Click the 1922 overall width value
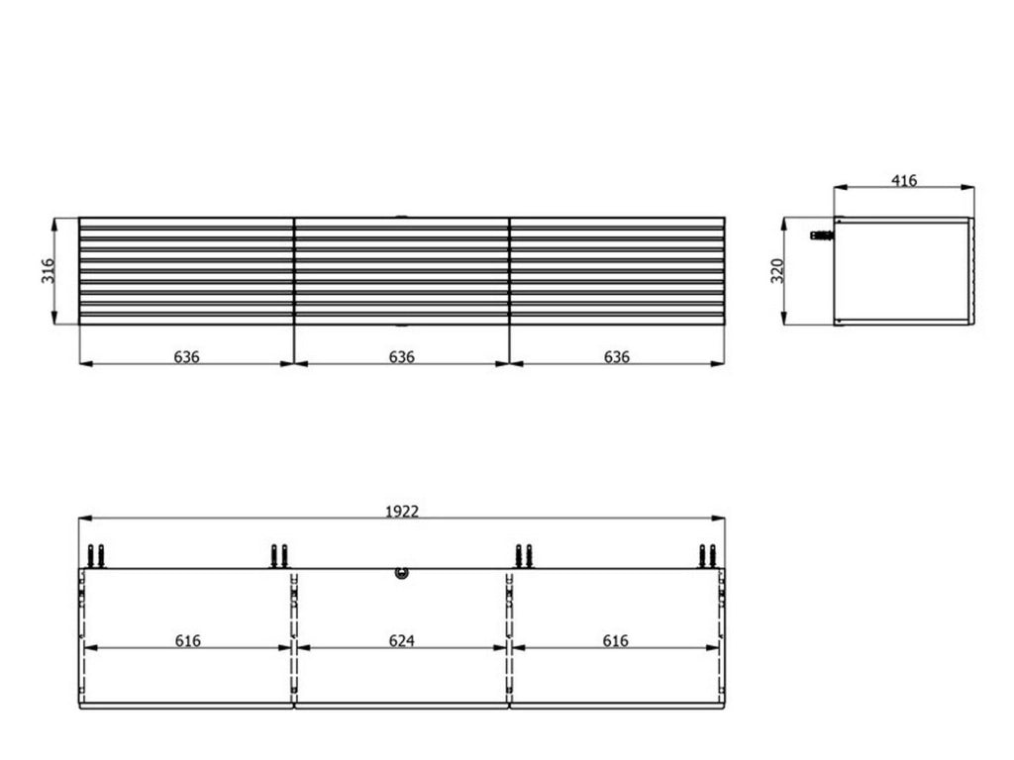coord(402,512)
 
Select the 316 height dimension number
coord(48,271)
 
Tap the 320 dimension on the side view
coord(777,271)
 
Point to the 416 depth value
coord(904,180)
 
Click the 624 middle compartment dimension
coord(402,640)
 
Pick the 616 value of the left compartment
coord(187,640)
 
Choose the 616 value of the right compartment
coord(615,640)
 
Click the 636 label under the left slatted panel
coord(186,356)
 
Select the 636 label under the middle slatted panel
coord(402,356)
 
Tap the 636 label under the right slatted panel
coord(616,356)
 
